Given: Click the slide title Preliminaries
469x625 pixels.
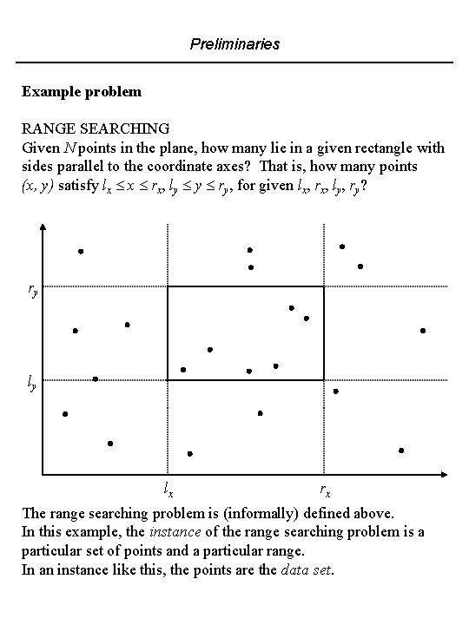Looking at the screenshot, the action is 235,43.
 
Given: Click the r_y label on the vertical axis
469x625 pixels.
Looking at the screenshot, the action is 32,292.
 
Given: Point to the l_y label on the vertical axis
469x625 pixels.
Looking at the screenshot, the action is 31,383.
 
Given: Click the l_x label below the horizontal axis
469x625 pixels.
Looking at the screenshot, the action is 168,489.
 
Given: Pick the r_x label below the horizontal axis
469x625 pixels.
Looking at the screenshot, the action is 324,489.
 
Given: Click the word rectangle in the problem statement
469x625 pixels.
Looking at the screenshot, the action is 369,148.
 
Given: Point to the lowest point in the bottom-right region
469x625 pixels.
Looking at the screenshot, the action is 401,451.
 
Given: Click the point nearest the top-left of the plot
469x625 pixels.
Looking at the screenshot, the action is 81,251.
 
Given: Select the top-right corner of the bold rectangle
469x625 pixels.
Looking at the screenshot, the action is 324,287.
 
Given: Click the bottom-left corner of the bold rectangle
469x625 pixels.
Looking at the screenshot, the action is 168,380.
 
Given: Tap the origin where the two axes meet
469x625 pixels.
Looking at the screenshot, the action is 43,475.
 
